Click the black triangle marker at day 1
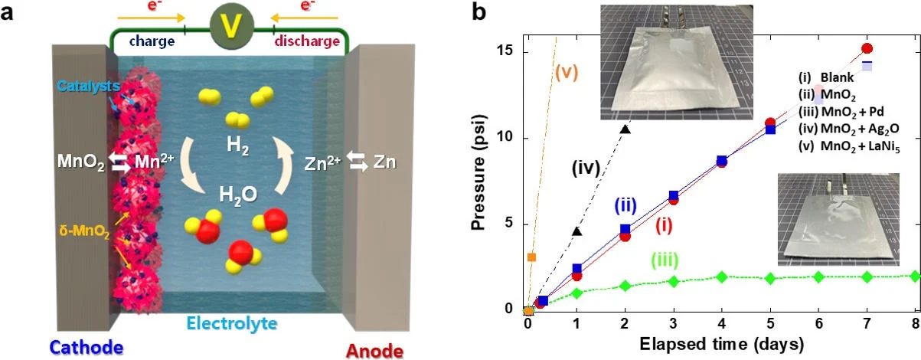[576, 231]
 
